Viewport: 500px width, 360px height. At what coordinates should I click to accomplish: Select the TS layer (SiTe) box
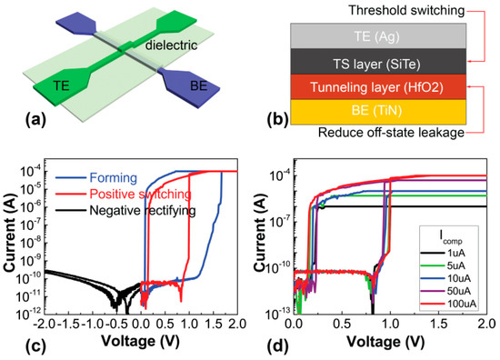click(x=379, y=62)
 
